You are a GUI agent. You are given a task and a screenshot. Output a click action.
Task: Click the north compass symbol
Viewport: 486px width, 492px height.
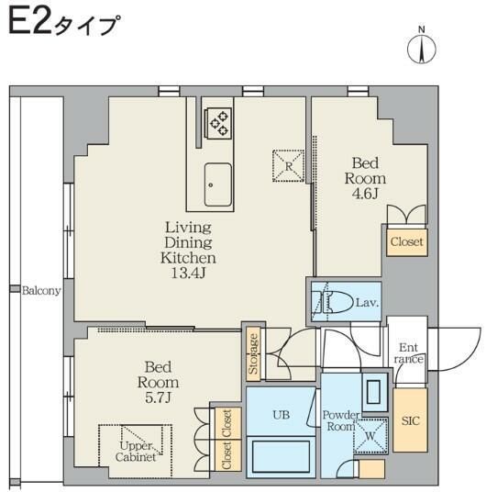click(x=422, y=47)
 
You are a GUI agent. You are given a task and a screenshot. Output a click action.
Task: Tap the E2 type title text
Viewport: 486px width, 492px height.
click(x=63, y=23)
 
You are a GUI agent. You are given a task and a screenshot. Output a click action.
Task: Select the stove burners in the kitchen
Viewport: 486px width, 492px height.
click(x=219, y=122)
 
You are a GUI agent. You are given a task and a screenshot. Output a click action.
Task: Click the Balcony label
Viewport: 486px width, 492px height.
click(x=41, y=291)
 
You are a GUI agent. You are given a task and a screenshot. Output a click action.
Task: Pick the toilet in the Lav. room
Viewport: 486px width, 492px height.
click(x=334, y=301)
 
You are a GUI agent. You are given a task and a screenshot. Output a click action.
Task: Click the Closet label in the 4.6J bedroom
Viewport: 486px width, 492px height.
click(x=406, y=242)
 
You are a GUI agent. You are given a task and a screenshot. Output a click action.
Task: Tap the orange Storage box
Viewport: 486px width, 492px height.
click(x=253, y=353)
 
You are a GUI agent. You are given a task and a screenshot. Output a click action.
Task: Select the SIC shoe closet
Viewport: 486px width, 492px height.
click(x=409, y=420)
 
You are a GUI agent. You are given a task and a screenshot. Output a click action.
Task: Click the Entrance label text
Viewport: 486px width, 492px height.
click(x=409, y=352)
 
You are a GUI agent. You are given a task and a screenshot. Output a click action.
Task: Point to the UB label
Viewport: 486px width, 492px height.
click(x=282, y=414)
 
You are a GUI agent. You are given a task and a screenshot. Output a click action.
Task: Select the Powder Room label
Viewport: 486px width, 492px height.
click(x=339, y=420)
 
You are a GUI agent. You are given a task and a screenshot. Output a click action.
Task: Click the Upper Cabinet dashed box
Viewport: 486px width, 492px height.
click(x=135, y=450)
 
